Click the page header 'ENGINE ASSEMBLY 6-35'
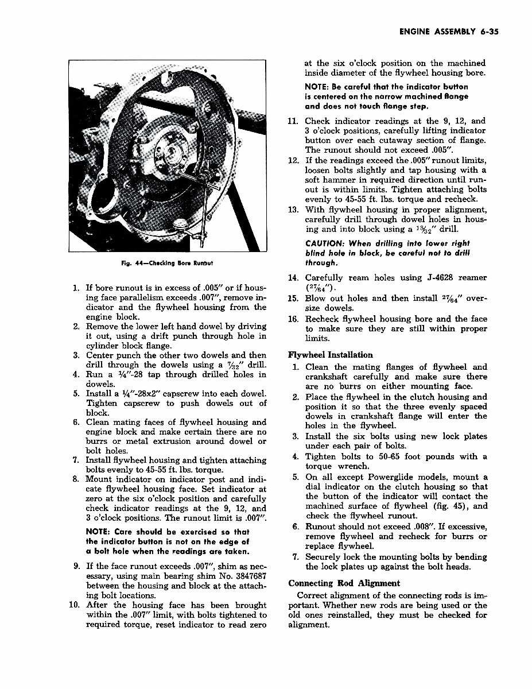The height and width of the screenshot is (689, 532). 448,32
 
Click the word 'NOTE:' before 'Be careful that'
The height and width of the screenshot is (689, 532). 318,86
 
